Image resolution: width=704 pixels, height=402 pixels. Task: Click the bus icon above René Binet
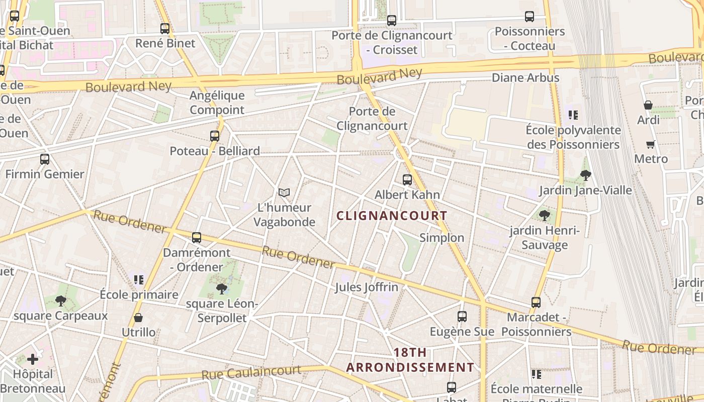165,29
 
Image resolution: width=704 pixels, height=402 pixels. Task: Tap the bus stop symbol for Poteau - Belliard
215,136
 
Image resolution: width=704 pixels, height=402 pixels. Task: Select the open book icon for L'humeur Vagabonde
284,192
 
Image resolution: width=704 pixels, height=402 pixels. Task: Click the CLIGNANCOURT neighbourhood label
392,216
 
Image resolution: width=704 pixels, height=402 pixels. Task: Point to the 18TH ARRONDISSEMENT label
410,360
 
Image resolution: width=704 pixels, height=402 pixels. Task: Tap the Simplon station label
442,238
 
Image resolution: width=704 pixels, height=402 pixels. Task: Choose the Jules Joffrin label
367,287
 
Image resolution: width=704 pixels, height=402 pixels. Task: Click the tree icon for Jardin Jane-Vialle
585,175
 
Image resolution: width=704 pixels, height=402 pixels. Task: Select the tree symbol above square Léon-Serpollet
221,288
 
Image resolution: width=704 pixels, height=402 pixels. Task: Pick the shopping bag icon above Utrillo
138,318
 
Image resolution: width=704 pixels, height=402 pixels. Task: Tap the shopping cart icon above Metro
651,145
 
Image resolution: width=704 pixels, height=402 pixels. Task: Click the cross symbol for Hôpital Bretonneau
33,359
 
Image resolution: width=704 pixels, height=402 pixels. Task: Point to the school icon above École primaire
139,279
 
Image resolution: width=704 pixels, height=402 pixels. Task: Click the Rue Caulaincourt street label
251,373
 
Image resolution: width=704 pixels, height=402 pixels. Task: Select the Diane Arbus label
525,78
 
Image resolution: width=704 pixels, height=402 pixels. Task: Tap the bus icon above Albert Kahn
407,179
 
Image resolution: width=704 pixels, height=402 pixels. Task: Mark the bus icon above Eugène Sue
462,317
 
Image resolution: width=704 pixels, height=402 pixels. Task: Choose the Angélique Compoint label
217,103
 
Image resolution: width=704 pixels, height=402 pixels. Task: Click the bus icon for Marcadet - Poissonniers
536,303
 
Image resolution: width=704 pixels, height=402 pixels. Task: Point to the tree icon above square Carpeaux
61,301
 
